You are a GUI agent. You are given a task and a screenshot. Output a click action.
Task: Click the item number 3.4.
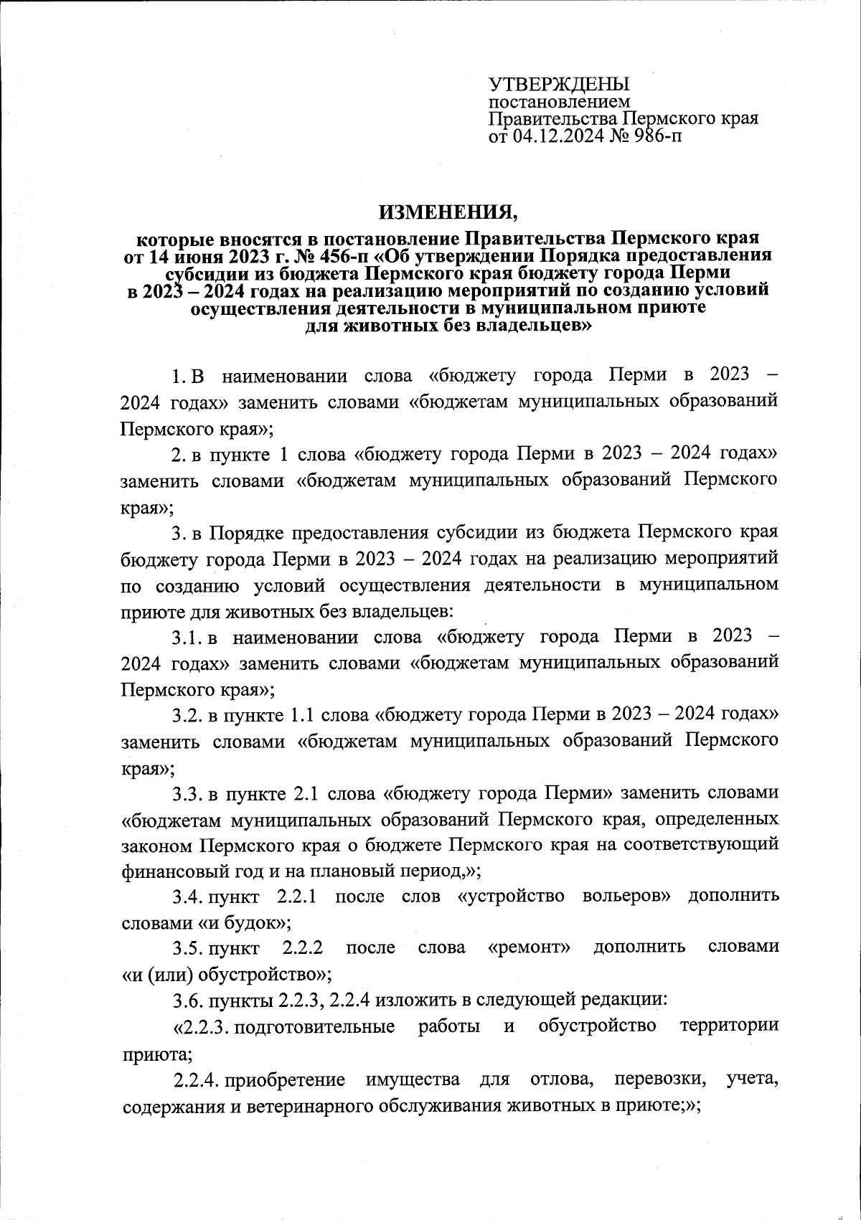(x=189, y=897)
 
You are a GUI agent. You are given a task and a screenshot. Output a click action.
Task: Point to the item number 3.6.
(x=189, y=1000)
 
